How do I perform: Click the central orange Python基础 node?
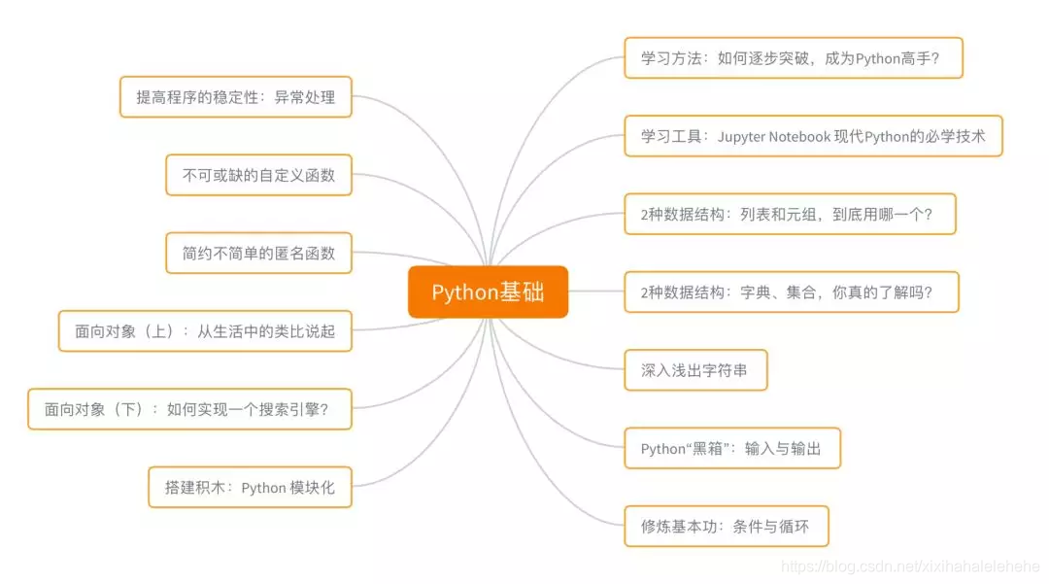pyautogui.click(x=488, y=292)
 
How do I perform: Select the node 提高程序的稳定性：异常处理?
pyautogui.click(x=235, y=97)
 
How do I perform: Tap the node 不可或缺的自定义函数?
pyautogui.click(x=258, y=176)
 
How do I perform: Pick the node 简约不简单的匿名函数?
pyautogui.click(x=258, y=254)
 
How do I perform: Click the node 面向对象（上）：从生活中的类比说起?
pyautogui.click(x=204, y=331)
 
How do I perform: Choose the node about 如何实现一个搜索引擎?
pyautogui.click(x=188, y=409)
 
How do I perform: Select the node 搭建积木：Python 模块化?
pyautogui.click(x=251, y=488)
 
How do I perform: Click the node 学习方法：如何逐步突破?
pyautogui.click(x=793, y=58)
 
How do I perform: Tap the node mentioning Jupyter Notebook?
pyautogui.click(x=812, y=137)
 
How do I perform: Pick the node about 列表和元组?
pyautogui.click(x=790, y=214)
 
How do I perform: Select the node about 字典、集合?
pyautogui.click(x=792, y=292)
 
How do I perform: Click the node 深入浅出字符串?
pyautogui.click(x=695, y=370)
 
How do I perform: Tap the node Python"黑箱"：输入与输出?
pyautogui.click(x=732, y=449)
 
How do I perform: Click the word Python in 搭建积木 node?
pyautogui.click(x=262, y=488)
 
